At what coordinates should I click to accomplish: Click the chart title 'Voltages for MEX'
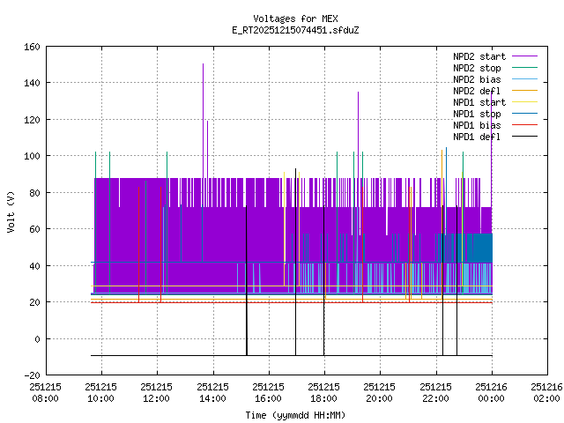click(295, 19)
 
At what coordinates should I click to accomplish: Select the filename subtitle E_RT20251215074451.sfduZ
click(295, 29)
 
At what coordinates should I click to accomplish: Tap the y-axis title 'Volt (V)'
click(10, 211)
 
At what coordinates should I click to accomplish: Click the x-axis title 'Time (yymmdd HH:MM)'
click(295, 414)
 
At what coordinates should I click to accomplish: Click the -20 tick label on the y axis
click(29, 375)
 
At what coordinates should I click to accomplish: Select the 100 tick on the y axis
click(29, 156)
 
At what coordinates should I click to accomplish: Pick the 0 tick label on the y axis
click(35, 339)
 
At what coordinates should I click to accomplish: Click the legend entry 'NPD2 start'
click(479, 56)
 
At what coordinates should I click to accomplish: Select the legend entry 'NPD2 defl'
click(478, 91)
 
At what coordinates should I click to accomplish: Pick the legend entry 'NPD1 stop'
click(478, 114)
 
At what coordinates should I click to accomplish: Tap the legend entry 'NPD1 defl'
click(478, 137)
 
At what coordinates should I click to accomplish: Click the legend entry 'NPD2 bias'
click(478, 79)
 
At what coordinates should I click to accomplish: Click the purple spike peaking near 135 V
click(358, 93)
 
